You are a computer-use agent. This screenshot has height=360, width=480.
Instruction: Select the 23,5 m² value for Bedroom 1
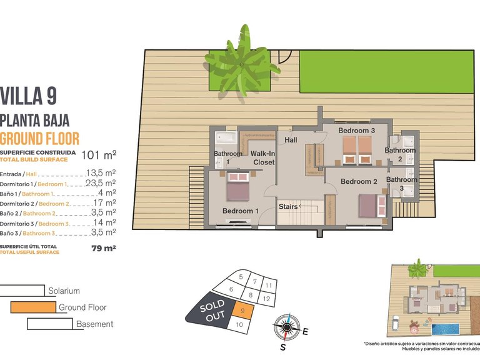coord(102,183)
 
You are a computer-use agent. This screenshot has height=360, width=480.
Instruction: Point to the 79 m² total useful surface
coord(104,247)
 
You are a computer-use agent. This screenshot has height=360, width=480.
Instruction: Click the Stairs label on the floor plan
coord(288,206)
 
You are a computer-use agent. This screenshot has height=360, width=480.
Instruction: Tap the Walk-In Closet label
coord(264,157)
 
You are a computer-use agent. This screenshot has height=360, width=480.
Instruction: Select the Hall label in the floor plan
coord(291,141)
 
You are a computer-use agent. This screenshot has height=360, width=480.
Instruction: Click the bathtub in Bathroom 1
coord(223,138)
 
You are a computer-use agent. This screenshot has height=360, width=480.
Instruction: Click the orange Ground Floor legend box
coord(32,307)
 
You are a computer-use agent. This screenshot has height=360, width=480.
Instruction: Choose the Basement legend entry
coord(94,324)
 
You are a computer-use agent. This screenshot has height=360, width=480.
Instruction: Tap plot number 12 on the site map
coord(267,299)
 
